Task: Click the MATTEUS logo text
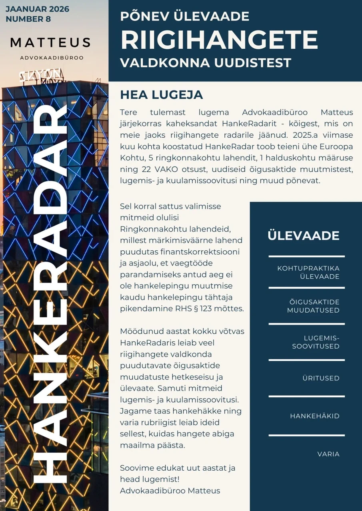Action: click(x=50, y=42)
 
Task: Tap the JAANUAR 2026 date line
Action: click(x=37, y=9)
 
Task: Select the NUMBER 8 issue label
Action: click(x=28, y=19)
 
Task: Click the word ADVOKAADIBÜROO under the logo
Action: click(x=52, y=58)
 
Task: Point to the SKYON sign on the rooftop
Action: click(x=42, y=75)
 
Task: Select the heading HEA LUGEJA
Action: click(x=161, y=95)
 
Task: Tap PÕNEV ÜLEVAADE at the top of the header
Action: click(x=184, y=16)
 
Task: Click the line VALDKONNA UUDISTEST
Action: click(x=206, y=63)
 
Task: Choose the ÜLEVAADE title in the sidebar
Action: click(x=303, y=236)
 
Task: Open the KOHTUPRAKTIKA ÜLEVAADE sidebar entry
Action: click(x=308, y=272)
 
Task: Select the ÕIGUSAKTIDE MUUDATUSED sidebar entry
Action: click(x=313, y=306)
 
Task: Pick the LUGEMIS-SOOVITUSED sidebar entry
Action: click(x=315, y=342)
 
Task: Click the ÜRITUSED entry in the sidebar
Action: click(x=321, y=378)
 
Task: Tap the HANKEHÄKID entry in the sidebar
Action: click(x=314, y=416)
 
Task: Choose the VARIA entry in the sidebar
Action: click(x=328, y=454)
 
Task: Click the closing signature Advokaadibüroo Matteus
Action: click(x=170, y=490)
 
